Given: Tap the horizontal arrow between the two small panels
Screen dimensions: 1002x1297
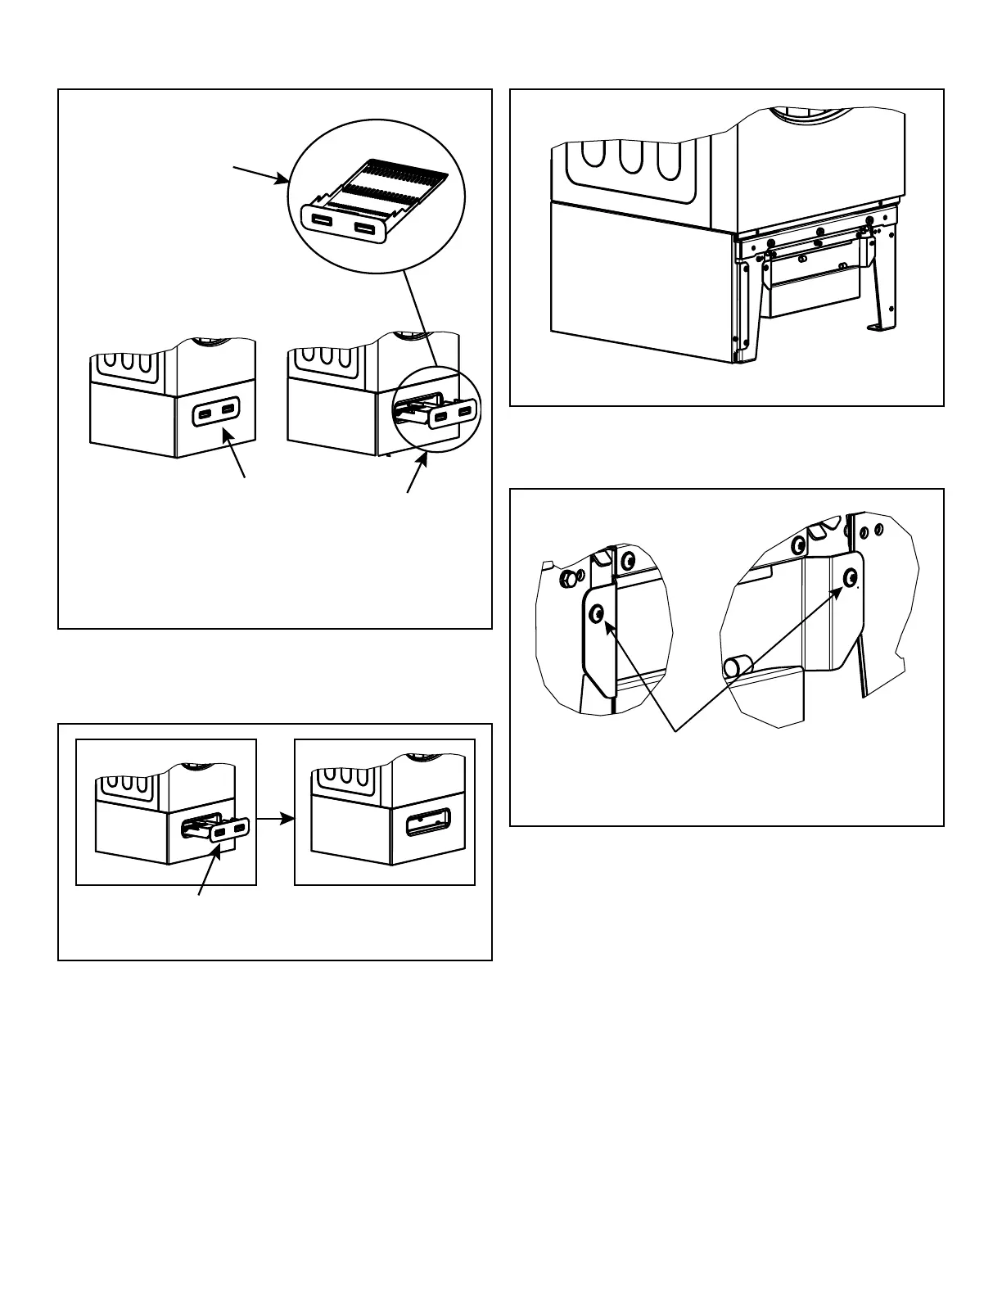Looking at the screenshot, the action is [x=275, y=816].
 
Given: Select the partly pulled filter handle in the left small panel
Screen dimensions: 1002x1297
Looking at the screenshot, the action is [x=230, y=830].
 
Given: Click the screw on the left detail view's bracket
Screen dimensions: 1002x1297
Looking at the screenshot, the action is [x=598, y=612].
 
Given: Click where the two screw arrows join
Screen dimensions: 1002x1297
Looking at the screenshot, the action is [x=675, y=729].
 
